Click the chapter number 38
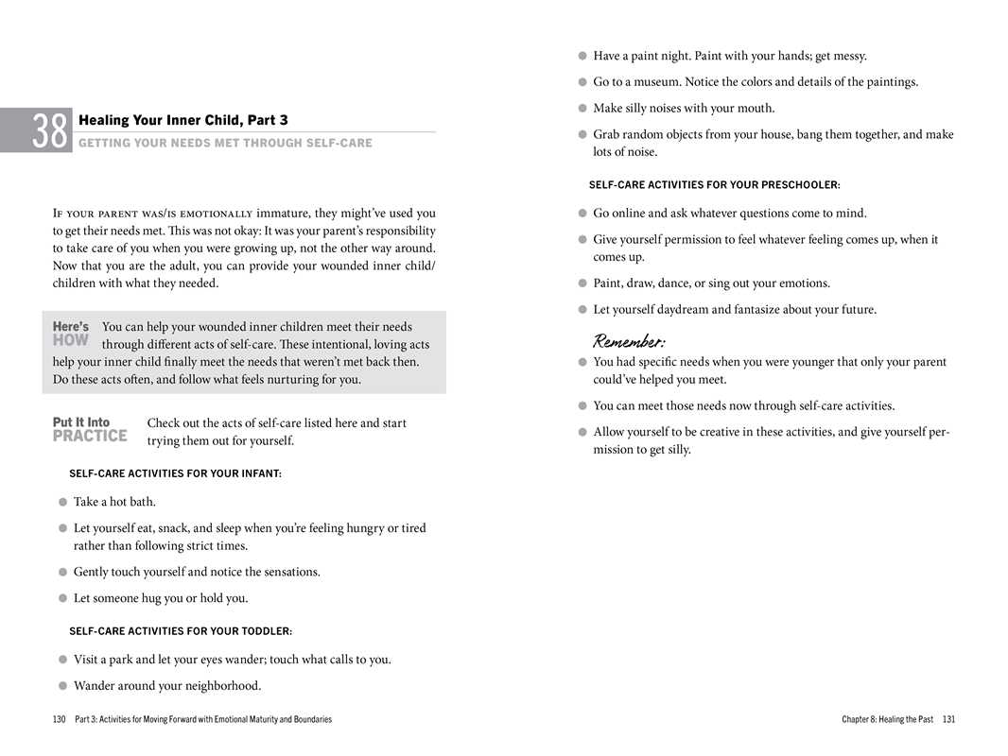(x=50, y=130)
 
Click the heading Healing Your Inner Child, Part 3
(x=183, y=120)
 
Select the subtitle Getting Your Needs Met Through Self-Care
(x=225, y=144)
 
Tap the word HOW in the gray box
(x=71, y=340)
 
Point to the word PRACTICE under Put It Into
(x=90, y=436)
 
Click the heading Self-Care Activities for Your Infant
(x=175, y=473)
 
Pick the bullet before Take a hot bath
(x=62, y=502)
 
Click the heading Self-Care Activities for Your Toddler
(x=181, y=631)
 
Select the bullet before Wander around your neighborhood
(x=62, y=686)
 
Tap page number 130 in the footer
(x=60, y=720)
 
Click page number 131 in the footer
(x=948, y=720)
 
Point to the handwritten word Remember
(x=629, y=340)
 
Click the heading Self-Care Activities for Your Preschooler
(x=714, y=184)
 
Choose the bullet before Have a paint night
(x=582, y=56)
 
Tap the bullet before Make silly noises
(x=582, y=109)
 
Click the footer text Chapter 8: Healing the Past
(x=887, y=720)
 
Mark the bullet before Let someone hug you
(x=62, y=598)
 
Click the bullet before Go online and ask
(x=582, y=214)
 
